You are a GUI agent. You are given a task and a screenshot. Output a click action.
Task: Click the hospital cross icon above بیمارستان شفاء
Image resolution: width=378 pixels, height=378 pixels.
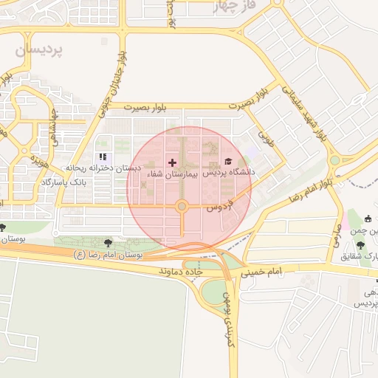click(172, 162)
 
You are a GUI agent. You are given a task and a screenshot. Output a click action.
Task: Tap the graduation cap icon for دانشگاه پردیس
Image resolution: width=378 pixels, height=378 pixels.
click(228, 162)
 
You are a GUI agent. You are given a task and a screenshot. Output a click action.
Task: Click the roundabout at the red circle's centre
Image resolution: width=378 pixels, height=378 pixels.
click(182, 207)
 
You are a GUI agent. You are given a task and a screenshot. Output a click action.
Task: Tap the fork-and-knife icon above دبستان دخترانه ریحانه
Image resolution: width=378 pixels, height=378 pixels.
click(103, 157)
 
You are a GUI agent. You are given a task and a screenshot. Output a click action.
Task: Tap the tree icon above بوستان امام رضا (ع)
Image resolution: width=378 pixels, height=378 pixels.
click(109, 241)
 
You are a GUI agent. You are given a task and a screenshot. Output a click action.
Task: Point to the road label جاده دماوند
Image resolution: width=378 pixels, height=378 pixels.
click(182, 272)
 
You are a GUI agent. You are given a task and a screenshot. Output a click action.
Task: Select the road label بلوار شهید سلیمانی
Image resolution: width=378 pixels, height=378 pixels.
click(303, 111)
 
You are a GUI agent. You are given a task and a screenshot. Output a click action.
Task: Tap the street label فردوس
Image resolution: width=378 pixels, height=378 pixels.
click(219, 205)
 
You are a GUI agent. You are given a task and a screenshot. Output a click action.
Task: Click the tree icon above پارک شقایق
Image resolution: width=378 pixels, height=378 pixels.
click(360, 245)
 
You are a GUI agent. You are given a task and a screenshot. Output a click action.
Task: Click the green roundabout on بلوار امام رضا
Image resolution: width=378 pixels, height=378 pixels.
click(334, 159)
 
